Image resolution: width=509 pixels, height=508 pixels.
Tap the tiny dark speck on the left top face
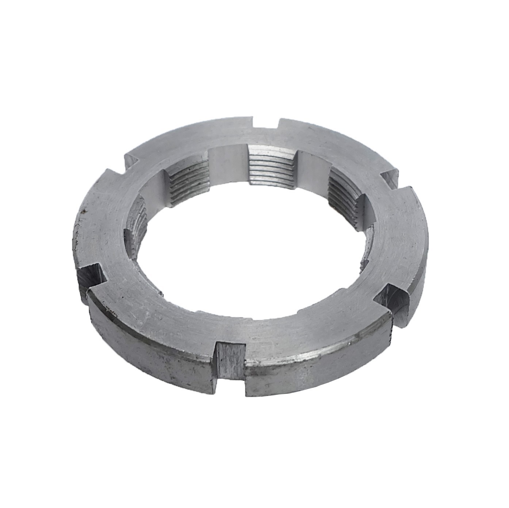point(84,210)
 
